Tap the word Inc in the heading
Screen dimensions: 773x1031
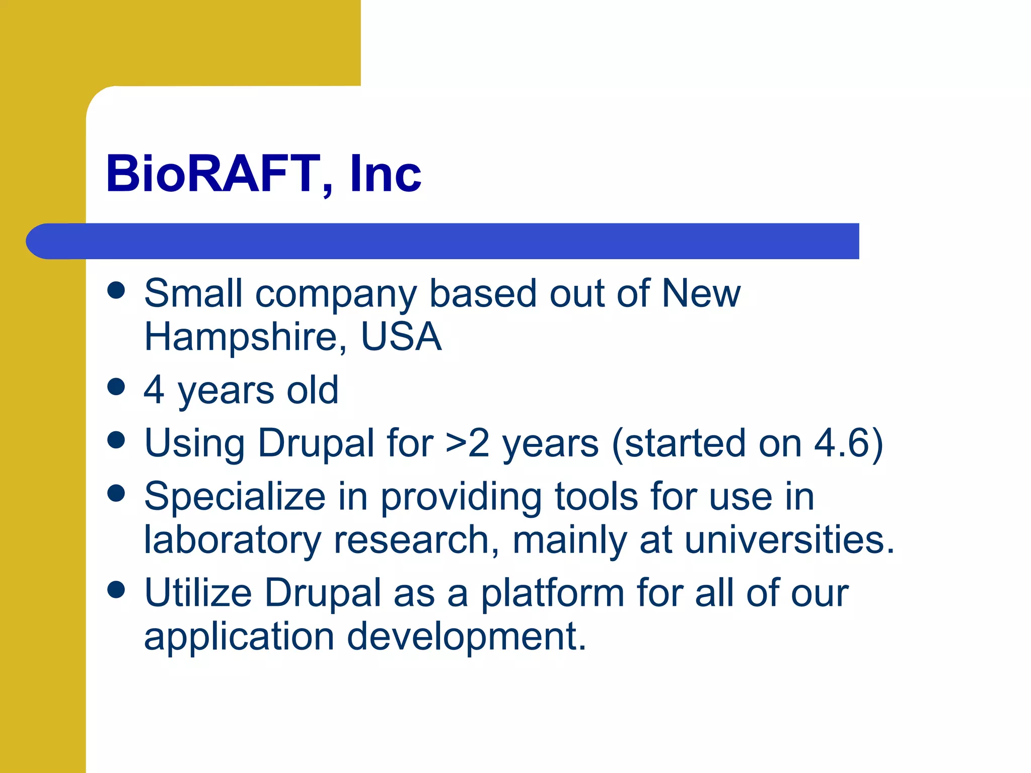(x=386, y=174)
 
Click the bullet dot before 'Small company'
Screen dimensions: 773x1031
(x=116, y=290)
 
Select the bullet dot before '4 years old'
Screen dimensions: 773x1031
(x=116, y=387)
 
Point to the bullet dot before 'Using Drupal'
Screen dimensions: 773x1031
(x=116, y=440)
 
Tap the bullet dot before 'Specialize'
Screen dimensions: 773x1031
(x=116, y=493)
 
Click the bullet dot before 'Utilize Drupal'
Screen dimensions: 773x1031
(x=116, y=590)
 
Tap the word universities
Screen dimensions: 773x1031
(x=789, y=539)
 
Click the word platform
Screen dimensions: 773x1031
(x=552, y=594)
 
